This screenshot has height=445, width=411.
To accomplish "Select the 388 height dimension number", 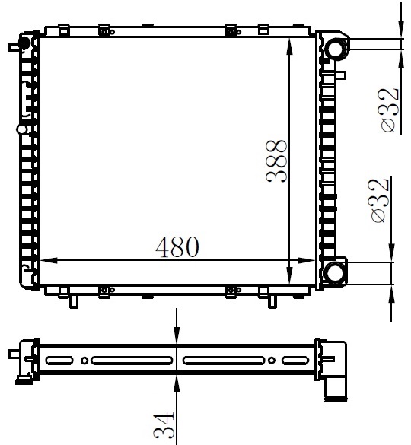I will pyautogui.click(x=277, y=162).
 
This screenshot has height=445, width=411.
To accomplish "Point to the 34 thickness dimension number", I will pyautogui.click(x=165, y=427).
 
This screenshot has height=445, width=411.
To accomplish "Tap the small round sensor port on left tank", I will pyautogui.click(x=23, y=129).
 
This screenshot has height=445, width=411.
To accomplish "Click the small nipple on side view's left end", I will pyautogui.click(x=13, y=354).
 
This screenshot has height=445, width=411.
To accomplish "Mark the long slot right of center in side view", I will pyautogui.click(x=223, y=360).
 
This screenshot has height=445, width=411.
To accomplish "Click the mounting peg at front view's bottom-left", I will pyautogui.click(x=73, y=301).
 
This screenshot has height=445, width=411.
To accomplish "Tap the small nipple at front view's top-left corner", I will pyautogui.click(x=13, y=46).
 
